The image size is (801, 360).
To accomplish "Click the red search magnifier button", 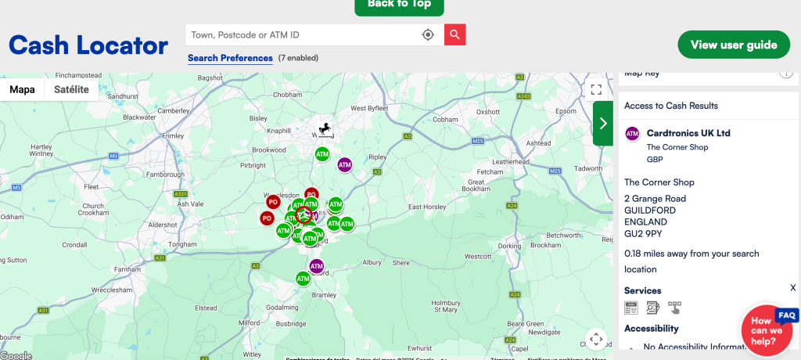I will (455, 34).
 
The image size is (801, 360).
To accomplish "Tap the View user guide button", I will (734, 45).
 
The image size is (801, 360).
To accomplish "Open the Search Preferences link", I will (230, 58).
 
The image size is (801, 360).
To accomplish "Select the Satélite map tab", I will (71, 89).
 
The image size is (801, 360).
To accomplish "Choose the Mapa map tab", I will (22, 89).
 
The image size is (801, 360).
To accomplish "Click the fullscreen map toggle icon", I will (596, 89).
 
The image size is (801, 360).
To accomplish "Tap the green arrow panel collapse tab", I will (602, 123).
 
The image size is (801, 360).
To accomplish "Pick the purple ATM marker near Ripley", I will (344, 164).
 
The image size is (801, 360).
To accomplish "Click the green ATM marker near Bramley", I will (303, 278).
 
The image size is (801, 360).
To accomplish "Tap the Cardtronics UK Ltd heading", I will (688, 133).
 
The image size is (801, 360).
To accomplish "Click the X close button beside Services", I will (792, 288).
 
